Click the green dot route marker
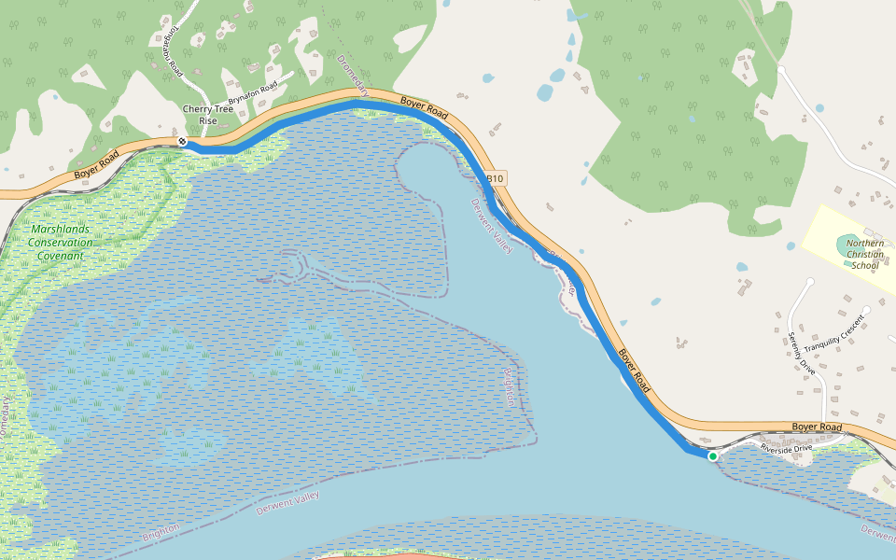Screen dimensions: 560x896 coord(713,456)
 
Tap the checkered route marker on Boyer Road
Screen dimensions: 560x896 coord(183,142)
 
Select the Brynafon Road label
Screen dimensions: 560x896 coord(254,93)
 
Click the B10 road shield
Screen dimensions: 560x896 coord(495,178)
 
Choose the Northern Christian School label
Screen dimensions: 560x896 coord(864,254)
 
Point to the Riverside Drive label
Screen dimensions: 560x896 coord(788,448)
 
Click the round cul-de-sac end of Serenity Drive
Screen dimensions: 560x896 coord(809,281)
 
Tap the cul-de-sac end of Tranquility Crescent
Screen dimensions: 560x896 coord(867,310)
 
